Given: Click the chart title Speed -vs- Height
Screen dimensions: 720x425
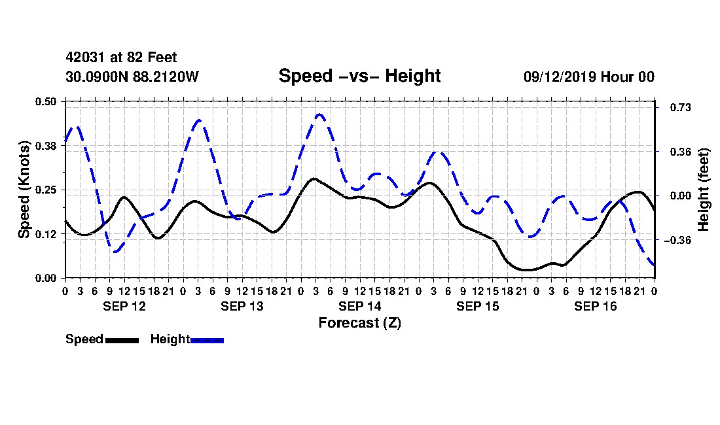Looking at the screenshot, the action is (359, 76).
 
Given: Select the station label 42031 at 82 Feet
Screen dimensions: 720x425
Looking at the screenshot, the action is (121, 58).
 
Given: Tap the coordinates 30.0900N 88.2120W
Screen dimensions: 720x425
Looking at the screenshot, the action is (132, 76).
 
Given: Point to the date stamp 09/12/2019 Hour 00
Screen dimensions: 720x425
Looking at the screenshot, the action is (589, 76).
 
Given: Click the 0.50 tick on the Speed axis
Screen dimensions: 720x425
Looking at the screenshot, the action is (46, 101).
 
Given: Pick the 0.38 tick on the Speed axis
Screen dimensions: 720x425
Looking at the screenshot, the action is (46, 146).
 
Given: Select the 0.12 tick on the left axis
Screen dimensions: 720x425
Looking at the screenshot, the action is (46, 234).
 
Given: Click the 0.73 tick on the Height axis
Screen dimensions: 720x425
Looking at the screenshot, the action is (681, 107).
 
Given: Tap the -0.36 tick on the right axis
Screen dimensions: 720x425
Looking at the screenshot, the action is (677, 240).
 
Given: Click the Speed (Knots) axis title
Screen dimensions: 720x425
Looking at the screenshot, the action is (24, 190).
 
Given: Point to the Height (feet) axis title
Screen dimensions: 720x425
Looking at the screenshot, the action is (703, 190).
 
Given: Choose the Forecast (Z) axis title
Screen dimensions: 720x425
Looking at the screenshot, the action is (360, 323).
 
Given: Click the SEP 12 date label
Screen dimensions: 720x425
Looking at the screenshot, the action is (124, 306).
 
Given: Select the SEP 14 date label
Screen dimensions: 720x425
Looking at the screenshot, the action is (360, 306).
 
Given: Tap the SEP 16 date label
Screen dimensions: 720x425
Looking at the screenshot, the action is (596, 306).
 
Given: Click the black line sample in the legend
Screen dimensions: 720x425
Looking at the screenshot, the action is (122, 340).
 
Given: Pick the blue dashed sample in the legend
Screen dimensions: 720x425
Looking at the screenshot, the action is (207, 340).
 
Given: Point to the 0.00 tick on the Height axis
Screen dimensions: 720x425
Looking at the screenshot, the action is (681, 195).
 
